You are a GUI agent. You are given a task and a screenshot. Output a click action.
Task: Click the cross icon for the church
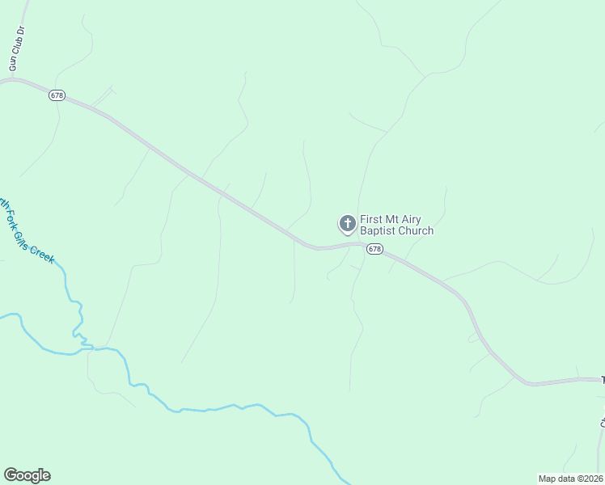pyautogui.click(x=347, y=222)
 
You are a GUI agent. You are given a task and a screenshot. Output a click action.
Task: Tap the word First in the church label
pyautogui.click(x=371, y=220)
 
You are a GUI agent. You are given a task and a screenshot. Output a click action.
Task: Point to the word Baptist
pyautogui.click(x=378, y=231)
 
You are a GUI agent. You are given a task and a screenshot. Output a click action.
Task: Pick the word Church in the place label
pyautogui.click(x=416, y=231)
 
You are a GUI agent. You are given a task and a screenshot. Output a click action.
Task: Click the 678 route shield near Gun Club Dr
pyautogui.click(x=57, y=95)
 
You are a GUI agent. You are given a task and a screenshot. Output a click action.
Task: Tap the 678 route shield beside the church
pyautogui.click(x=374, y=249)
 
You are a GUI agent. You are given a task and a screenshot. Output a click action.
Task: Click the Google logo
pyautogui.click(x=27, y=475)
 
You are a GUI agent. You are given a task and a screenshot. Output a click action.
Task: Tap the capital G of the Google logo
pyautogui.click(x=10, y=474)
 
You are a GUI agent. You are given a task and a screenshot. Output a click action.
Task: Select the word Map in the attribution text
pyautogui.click(x=548, y=479)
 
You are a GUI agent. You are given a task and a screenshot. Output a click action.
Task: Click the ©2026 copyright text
pyautogui.click(x=590, y=479)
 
